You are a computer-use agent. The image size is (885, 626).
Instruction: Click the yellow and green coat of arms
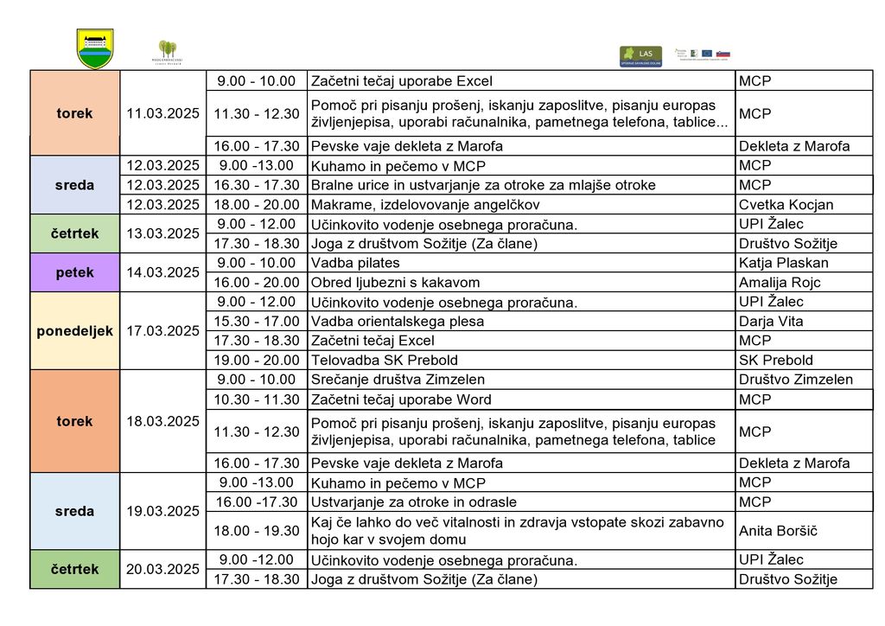tap(95, 48)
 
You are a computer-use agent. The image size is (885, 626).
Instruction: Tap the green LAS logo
tap(640, 56)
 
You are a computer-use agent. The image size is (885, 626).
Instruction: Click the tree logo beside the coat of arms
tap(167, 51)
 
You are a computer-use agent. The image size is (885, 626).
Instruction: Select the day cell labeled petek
tap(74, 272)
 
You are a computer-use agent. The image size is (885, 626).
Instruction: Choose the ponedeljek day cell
tap(74, 331)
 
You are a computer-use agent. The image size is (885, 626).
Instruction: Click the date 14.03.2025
tap(162, 272)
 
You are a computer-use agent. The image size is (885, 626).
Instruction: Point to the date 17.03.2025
tap(162, 331)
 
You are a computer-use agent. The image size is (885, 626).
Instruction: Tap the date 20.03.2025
tap(162, 569)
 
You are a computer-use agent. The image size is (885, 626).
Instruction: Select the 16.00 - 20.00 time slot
tap(257, 283)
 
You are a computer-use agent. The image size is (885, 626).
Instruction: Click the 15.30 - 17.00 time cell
tap(257, 322)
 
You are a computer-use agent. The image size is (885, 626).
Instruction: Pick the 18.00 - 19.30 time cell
tap(257, 531)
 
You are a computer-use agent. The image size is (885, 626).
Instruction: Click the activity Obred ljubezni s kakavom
tap(395, 283)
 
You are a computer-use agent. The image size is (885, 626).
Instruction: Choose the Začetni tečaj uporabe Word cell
tap(401, 399)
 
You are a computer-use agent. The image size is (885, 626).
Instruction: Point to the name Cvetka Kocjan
tap(786, 205)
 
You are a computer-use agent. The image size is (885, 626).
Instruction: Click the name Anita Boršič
tap(778, 531)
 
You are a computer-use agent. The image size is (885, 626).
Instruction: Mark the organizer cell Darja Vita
tap(771, 322)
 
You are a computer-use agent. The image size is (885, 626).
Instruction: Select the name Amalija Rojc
tap(780, 283)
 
